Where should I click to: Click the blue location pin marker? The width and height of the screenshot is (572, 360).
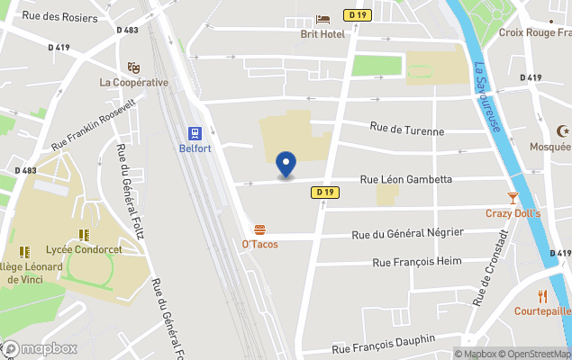[286, 165]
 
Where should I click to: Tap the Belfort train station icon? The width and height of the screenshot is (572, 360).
[194, 132]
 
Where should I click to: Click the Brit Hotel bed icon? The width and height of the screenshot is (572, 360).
[322, 19]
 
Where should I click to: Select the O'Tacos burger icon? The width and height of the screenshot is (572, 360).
[259, 229]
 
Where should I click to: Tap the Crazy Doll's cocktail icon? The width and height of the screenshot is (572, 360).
[513, 197]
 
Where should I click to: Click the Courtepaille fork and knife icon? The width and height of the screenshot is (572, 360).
[542, 295]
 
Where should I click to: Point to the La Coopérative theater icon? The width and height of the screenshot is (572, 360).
[133, 67]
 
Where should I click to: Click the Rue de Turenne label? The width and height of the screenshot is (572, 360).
[407, 131]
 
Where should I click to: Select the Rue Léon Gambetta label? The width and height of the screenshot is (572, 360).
[405, 179]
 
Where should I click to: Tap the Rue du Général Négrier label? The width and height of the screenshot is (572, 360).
[407, 234]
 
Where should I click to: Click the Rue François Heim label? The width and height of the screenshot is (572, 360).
[416, 262]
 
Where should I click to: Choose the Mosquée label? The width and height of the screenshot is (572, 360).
[549, 146]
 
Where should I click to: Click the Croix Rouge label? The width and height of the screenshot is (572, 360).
[534, 32]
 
